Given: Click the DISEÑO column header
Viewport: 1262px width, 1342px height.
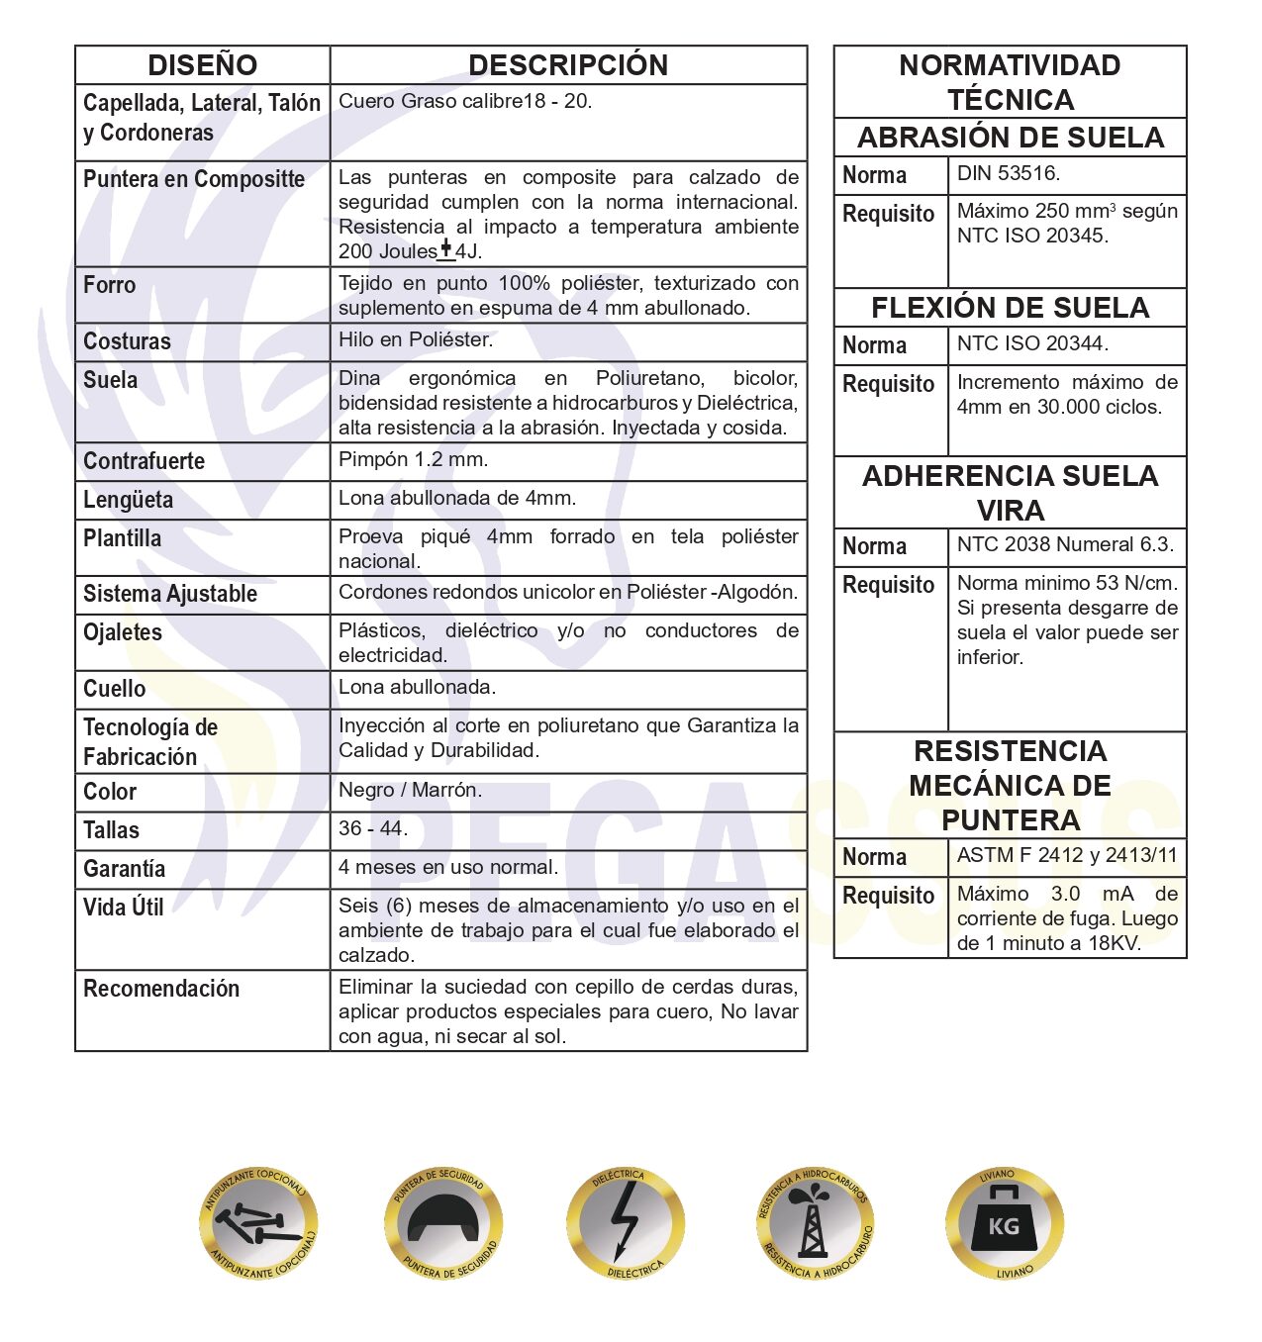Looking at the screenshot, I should (x=202, y=65).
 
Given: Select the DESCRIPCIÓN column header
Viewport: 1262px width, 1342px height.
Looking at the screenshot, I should (x=568, y=65).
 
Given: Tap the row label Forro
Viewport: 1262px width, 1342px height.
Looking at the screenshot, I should (x=110, y=285).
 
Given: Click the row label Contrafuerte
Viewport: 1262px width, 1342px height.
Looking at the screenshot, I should (x=144, y=461).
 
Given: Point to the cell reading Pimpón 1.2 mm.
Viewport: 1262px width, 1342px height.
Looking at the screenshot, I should (x=414, y=459).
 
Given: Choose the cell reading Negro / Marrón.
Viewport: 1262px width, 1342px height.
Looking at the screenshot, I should (x=411, y=790).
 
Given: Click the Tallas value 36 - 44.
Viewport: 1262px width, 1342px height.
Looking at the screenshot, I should (x=373, y=828).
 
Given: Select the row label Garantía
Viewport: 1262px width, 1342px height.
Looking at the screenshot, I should (x=124, y=869).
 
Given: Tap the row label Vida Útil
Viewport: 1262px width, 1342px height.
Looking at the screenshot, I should (x=124, y=908).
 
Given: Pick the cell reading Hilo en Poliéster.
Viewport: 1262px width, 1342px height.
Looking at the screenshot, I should (x=416, y=339).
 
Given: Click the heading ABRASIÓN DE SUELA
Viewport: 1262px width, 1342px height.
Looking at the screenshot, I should (x=1010, y=138).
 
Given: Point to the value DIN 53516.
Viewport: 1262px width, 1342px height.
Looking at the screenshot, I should (x=1009, y=173).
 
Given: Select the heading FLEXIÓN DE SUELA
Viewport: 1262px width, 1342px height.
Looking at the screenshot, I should (x=1010, y=308).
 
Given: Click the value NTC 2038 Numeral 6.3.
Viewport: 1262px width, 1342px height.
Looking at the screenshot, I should (x=1065, y=544).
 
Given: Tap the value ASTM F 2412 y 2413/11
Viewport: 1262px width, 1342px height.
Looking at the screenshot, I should (x=1067, y=855).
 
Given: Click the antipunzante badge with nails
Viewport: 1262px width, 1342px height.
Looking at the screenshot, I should (x=258, y=1224).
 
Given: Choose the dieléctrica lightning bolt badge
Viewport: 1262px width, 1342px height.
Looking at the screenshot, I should (x=626, y=1224).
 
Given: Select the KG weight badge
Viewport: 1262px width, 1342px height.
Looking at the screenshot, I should (x=1004, y=1224).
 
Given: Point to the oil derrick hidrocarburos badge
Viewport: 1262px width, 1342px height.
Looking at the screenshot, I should (x=815, y=1224).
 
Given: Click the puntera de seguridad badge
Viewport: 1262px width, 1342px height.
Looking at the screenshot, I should (x=443, y=1224).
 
